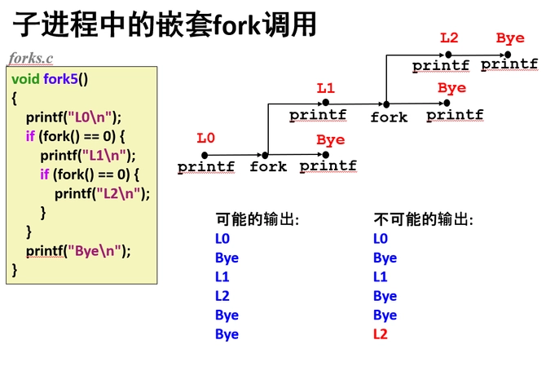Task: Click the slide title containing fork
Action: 163,24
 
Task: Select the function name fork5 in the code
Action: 64,79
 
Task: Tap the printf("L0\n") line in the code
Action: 73,116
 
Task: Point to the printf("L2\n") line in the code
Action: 103,193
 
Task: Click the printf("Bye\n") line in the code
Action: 78,250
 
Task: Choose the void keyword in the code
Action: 25,79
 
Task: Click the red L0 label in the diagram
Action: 205,139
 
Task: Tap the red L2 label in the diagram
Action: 449,37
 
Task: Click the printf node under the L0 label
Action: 206,166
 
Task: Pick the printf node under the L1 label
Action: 318,115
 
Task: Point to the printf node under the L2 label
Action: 440,65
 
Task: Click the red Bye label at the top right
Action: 510,37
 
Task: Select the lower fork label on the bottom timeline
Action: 268,166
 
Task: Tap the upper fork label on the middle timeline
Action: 389,117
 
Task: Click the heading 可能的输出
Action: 257,219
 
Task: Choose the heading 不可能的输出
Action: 423,219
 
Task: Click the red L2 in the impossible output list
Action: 380,334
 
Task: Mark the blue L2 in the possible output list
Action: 222,296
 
